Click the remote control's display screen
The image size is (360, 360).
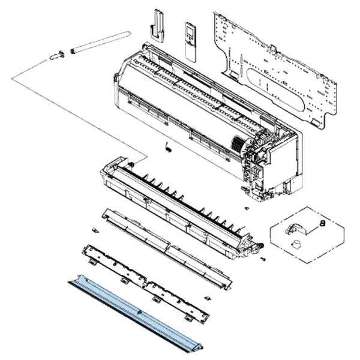pos(190,31)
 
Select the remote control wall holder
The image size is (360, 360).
pos(157,26)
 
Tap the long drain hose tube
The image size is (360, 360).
pos(100,42)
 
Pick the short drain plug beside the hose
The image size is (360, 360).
pos(57,55)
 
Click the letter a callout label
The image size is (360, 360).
pos(323,223)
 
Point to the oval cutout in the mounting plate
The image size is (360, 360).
pos(275,89)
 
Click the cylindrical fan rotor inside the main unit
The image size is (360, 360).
pos(239,145)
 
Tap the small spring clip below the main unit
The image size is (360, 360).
pos(169,147)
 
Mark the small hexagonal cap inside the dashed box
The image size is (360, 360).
pos(296,244)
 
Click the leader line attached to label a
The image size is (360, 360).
pos(313,230)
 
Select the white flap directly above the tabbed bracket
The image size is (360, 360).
pos(167,249)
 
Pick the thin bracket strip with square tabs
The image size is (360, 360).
pos(145,284)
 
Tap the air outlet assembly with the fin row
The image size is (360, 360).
pos(181,206)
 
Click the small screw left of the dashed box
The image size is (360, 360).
pos(247,208)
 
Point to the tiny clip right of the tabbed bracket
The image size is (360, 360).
pos(208,298)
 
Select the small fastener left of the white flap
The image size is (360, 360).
pos(95,230)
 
